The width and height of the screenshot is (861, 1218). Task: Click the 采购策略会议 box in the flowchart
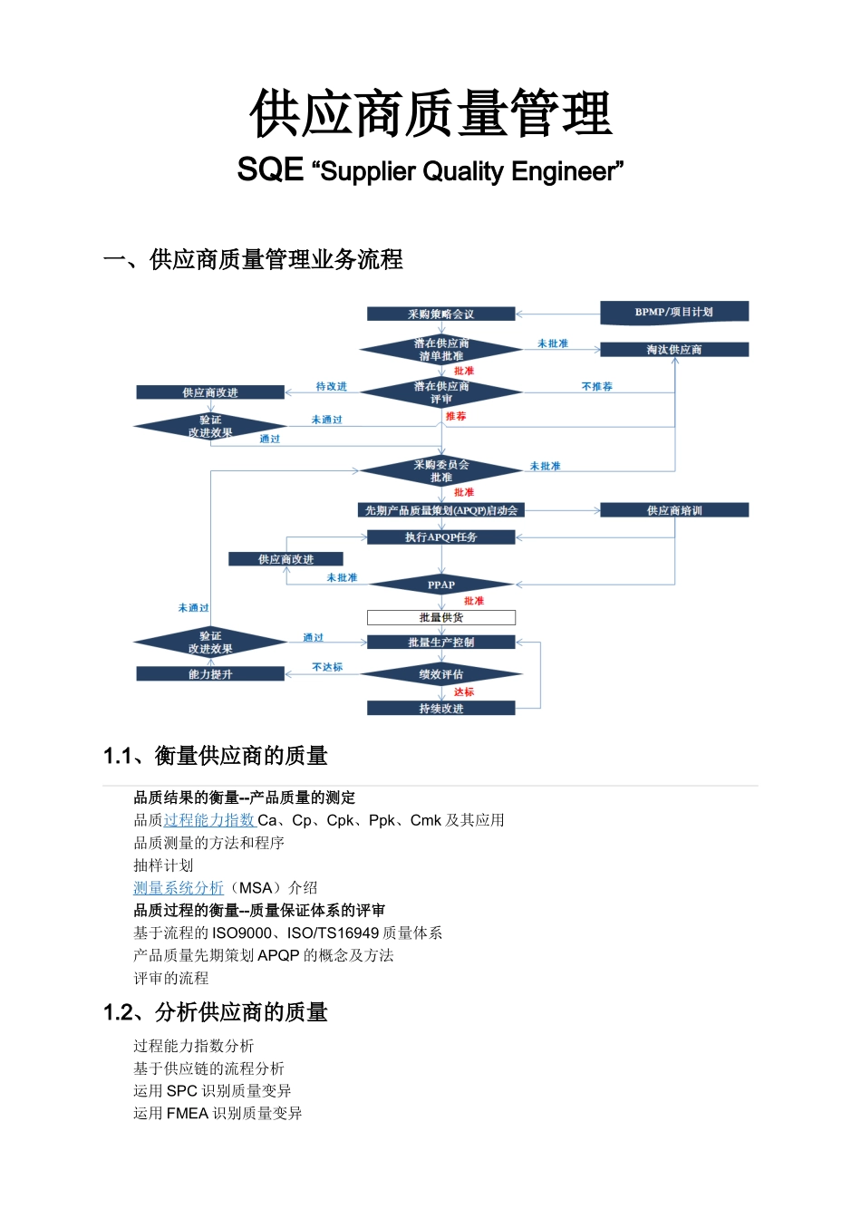pos(440,314)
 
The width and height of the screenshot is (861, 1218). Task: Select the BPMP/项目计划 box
pos(674,312)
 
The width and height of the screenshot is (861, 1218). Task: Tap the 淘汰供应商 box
pos(674,350)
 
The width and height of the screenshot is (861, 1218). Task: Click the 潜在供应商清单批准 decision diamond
pos(440,350)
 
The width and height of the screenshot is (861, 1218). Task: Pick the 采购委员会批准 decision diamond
pos(440,471)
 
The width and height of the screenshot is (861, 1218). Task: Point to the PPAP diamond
pos(441,585)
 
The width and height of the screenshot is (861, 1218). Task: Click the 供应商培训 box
pos(674,510)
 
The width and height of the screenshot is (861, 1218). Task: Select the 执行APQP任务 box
pos(440,537)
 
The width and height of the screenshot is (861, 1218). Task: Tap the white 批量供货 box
pos(440,617)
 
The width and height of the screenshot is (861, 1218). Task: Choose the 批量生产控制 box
pos(440,643)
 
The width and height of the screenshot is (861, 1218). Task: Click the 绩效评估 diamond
pos(441,674)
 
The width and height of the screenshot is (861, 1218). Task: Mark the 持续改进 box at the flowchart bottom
pos(440,709)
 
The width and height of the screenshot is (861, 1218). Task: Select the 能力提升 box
pos(210,674)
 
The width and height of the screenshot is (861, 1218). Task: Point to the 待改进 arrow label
pos(331,386)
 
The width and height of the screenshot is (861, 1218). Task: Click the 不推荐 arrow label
pos(596,386)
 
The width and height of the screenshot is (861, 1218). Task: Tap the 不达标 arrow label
pos(327,667)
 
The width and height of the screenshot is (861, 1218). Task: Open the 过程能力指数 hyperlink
pos(209,820)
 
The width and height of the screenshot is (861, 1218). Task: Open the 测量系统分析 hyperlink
pos(179,888)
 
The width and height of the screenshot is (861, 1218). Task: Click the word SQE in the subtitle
pos(270,169)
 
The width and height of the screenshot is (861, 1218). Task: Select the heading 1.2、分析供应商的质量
pos(216,1012)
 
